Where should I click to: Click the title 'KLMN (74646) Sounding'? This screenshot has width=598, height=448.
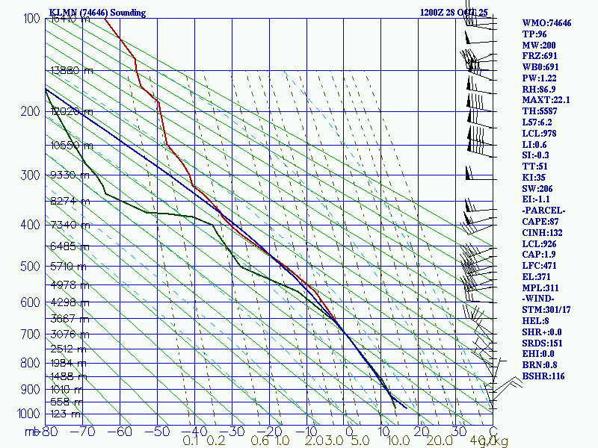[x=97, y=13]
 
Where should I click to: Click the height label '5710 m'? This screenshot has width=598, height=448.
[x=70, y=266]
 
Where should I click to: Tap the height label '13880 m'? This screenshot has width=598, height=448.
[x=72, y=70]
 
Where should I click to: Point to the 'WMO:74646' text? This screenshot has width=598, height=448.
[x=546, y=23]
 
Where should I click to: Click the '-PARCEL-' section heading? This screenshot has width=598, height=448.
[x=543, y=210]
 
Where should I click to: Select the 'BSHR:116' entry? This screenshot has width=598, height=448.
[x=543, y=376]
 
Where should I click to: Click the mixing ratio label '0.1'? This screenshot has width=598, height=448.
[x=191, y=441]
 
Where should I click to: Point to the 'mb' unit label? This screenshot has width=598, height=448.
[x=31, y=431]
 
